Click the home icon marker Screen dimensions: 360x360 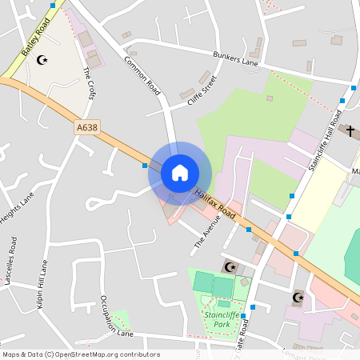tap(180, 173)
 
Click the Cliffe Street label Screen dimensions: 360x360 tap(202, 91)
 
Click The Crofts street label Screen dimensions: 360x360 tap(89, 83)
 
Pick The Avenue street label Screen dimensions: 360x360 tap(206, 232)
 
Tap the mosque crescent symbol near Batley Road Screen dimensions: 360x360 tap(42, 59)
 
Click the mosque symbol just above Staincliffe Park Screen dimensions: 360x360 tap(231, 266)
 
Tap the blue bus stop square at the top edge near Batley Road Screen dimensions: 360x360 tap(53, 5)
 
